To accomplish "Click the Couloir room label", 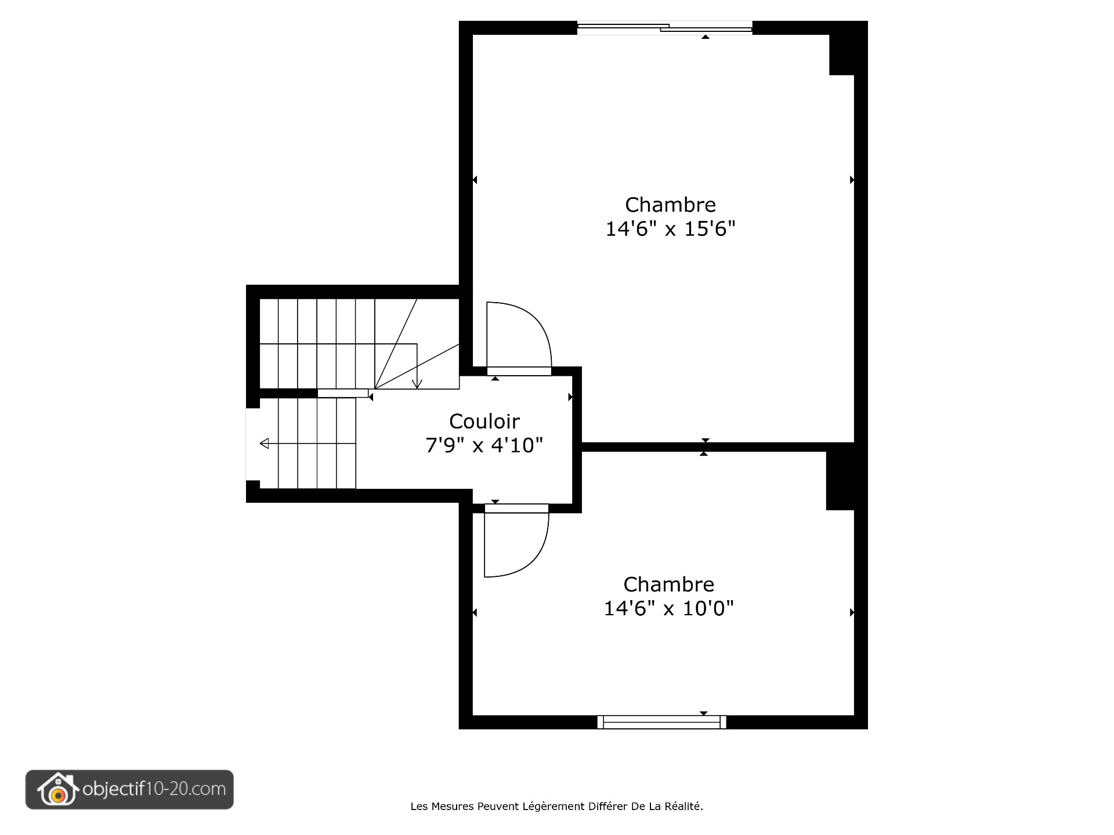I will click(484, 421).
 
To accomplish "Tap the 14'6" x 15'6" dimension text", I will click(670, 229).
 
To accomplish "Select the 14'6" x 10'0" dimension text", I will click(668, 608).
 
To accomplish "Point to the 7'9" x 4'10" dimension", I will click(484, 445).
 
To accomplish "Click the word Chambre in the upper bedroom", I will click(670, 205).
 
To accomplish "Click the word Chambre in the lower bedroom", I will click(668, 584).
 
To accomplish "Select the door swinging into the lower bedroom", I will click(515, 542).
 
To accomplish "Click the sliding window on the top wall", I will click(664, 27).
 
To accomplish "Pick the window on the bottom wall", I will click(661, 722).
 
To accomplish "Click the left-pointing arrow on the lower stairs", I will click(265, 444).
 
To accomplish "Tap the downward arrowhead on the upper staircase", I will click(417, 384).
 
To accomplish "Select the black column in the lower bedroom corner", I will click(840, 477).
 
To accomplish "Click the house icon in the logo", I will click(57, 790).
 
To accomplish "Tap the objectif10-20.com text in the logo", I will click(154, 789).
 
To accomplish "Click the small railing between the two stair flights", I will click(342, 393).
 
